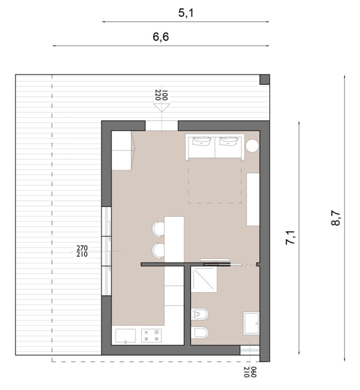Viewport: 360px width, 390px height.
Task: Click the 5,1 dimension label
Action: [186, 13]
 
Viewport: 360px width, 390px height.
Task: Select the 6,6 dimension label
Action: [161, 37]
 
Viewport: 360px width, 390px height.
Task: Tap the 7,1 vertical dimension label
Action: [290, 238]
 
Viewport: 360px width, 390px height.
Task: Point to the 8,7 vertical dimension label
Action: [336, 218]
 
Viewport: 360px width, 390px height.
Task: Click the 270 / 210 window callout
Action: [82, 251]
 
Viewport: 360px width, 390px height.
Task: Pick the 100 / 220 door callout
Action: [161, 95]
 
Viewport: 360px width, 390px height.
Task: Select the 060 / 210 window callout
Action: [250, 372]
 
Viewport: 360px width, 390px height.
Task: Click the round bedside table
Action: [253, 145]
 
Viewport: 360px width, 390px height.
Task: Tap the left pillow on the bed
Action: [202, 141]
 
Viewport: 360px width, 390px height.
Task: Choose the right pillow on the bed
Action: [228, 141]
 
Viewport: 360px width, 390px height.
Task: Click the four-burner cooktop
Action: [151, 335]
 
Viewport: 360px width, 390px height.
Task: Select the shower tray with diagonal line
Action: [204, 279]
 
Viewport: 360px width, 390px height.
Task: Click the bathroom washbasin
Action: [252, 323]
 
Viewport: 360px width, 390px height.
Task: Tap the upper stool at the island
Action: [158, 228]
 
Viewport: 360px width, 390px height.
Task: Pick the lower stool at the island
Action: [158, 250]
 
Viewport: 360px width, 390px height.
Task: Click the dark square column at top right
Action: [265, 79]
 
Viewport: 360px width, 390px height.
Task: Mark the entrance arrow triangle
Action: [161, 108]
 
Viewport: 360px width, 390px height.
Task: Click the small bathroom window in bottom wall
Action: [250, 350]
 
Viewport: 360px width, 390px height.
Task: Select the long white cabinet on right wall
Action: [253, 200]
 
